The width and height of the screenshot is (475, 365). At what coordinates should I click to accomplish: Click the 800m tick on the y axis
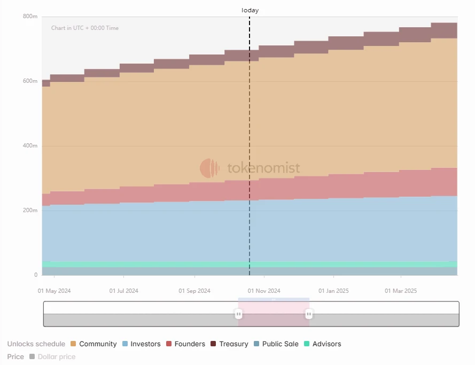pos(30,17)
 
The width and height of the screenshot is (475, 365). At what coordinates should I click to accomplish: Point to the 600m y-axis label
pos(30,81)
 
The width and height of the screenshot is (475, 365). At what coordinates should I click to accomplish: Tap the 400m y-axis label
pos(30,146)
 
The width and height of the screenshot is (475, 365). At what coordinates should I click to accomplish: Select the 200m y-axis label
pos(30,211)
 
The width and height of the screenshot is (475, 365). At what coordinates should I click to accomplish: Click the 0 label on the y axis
pos(36,275)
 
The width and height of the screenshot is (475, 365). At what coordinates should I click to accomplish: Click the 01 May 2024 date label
pos(54,291)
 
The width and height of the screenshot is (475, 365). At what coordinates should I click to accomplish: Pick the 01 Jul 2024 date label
pos(123,291)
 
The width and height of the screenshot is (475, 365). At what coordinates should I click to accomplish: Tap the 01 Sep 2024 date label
pos(194,291)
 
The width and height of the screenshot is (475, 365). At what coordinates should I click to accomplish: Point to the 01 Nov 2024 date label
pos(264,291)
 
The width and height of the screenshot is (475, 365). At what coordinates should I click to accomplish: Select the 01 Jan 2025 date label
pos(333,291)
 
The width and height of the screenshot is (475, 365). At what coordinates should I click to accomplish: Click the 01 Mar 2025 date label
pos(401,291)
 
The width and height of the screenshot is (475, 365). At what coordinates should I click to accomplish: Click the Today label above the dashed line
pos(250,10)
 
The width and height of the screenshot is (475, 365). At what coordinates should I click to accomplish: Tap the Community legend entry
pos(94,344)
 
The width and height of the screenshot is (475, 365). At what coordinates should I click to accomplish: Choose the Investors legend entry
pos(141,344)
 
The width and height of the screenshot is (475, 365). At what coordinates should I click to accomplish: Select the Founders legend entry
pos(185,344)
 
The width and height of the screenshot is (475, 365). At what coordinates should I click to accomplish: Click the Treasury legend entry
pos(229,344)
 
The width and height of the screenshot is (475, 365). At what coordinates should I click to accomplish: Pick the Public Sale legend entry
pos(276,344)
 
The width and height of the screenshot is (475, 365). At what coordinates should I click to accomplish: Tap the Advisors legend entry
pos(322,344)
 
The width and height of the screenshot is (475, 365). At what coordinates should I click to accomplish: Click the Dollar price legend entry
pos(52,356)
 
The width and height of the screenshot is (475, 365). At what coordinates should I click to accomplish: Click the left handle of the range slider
pos(238,314)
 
